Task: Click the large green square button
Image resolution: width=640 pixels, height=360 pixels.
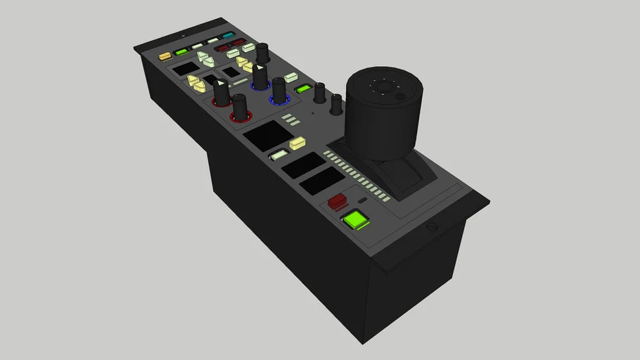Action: [356, 220]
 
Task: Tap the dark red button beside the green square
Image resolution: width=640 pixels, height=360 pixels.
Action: [337, 201]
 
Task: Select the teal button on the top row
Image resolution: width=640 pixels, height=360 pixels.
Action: [228, 35]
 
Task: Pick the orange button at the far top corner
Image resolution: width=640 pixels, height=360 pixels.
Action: [165, 56]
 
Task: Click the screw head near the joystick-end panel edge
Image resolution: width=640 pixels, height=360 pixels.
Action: [433, 228]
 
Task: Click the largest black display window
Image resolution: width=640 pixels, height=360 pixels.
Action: [268, 134]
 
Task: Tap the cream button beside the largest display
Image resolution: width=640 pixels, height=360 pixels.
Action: [297, 143]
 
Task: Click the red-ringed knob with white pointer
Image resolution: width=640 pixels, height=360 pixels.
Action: [221, 92]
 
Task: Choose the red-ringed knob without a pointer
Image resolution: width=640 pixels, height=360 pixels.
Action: [240, 108]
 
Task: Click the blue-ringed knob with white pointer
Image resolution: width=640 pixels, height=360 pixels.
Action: [260, 76]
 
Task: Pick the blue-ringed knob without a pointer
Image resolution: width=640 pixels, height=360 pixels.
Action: [279, 90]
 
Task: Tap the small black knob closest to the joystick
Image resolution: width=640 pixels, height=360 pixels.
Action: [336, 104]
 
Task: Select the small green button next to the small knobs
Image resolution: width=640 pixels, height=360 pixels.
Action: [303, 89]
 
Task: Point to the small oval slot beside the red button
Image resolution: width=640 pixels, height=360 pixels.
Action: [362, 200]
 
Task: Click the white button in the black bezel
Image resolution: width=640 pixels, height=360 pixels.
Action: [279, 155]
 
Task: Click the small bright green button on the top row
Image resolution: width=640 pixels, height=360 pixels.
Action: [181, 51]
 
